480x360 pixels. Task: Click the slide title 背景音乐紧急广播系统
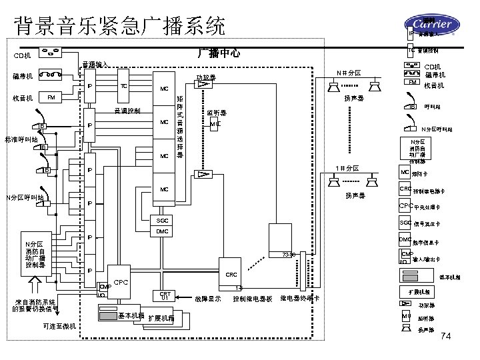[x=120, y=26]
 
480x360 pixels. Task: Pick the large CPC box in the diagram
[x=121, y=283]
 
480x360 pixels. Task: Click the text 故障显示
[x=207, y=299]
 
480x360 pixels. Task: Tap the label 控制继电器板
[x=253, y=299]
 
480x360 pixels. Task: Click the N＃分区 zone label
[x=348, y=73]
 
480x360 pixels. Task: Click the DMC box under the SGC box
[x=162, y=231]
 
